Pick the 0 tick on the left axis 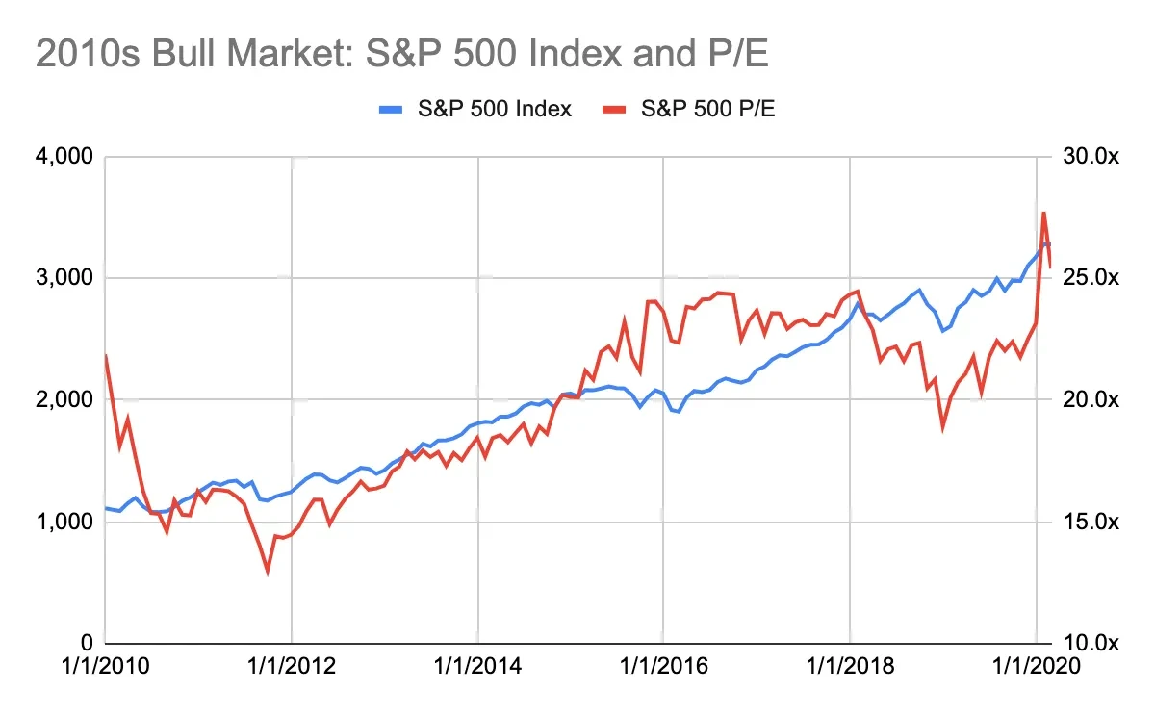(x=84, y=643)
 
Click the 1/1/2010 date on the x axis (x=106, y=666)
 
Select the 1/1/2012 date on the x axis (x=292, y=666)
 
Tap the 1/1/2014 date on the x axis (x=478, y=666)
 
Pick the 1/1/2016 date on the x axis (x=664, y=666)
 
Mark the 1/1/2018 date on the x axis (x=851, y=666)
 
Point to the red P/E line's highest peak (x=1044, y=213)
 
